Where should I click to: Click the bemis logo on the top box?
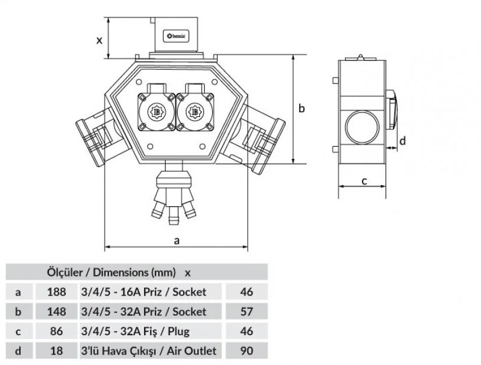coord(176,37)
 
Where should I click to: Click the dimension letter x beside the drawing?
coord(99,40)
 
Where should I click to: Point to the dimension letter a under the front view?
coord(177,239)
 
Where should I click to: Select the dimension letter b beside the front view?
coord(302,108)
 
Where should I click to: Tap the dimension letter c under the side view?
coord(363,180)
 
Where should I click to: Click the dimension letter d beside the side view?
coord(402,140)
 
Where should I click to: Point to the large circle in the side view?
coord(360,126)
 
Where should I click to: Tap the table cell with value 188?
coord(55,291)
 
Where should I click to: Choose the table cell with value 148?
coord(55,311)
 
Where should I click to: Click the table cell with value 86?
coord(55,331)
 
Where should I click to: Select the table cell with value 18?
coord(55,350)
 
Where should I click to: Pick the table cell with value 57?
coord(247,311)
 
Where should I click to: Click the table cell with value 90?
coord(247,350)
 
